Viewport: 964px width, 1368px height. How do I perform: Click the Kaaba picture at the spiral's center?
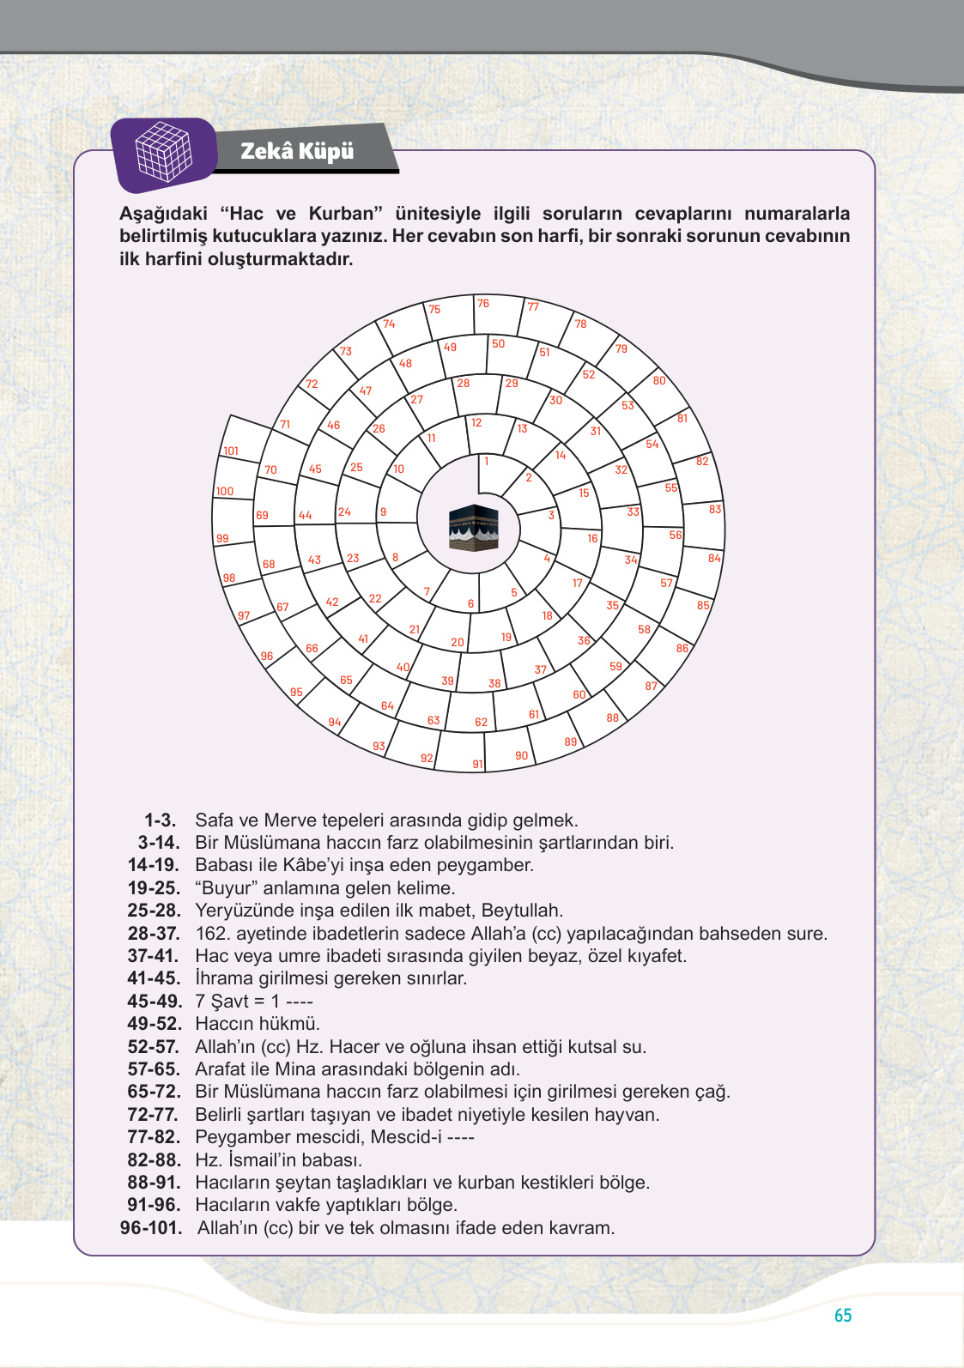(473, 527)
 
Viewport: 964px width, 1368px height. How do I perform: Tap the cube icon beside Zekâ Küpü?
(164, 152)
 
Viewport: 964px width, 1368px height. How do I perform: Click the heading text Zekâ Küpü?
(297, 151)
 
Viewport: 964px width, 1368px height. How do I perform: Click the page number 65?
(842, 1315)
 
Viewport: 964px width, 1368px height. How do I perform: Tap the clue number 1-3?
(160, 820)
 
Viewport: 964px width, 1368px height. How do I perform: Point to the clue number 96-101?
(151, 1228)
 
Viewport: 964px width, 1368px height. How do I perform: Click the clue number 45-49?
(155, 1002)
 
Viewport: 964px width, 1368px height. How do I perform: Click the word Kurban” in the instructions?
(345, 214)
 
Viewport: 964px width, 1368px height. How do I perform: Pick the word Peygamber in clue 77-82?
(237, 1137)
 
